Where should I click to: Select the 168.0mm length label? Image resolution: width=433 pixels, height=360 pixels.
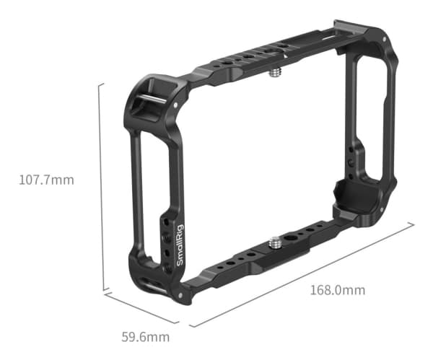[337, 290]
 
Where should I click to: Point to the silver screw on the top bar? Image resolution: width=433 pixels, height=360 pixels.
[277, 73]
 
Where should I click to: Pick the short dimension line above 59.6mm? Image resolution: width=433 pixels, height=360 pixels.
[141, 309]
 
